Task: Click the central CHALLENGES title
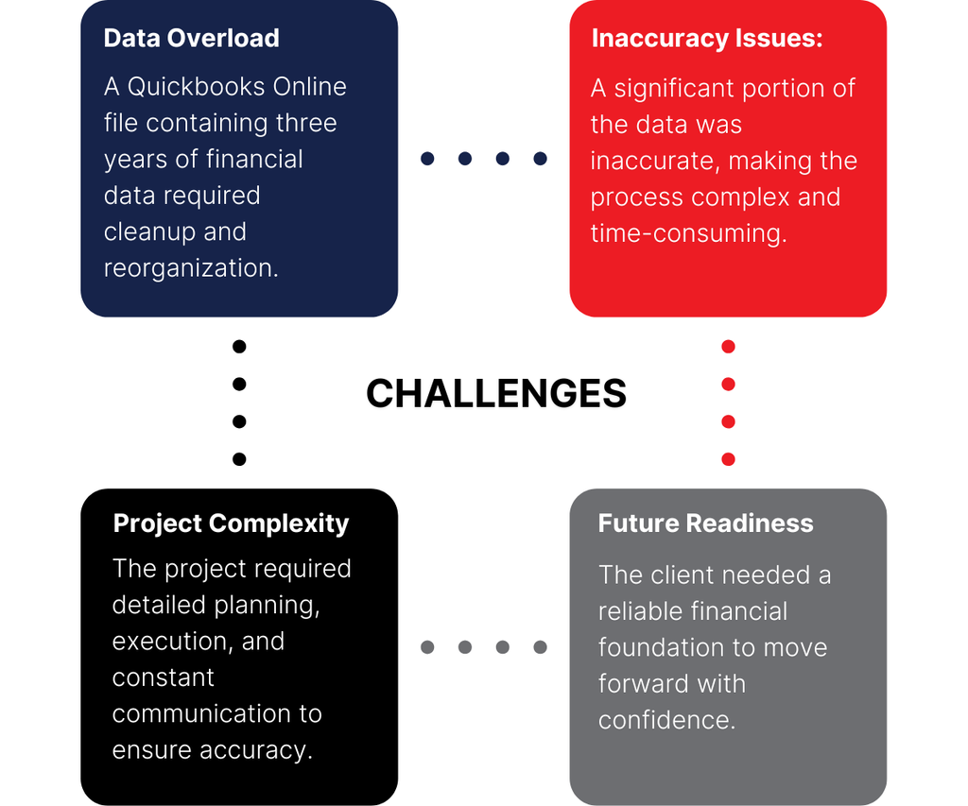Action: (x=496, y=393)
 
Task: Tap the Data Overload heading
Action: (x=191, y=38)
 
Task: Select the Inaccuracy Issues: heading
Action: (x=707, y=38)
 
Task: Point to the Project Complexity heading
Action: (x=231, y=523)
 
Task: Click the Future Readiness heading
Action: (x=705, y=523)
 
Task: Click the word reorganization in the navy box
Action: (x=189, y=268)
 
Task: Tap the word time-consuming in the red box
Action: (x=687, y=233)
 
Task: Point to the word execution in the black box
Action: (x=170, y=642)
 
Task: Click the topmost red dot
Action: (x=728, y=347)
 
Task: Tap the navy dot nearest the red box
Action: (x=540, y=159)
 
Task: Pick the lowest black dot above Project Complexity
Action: (x=239, y=459)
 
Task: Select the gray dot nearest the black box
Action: (x=427, y=647)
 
